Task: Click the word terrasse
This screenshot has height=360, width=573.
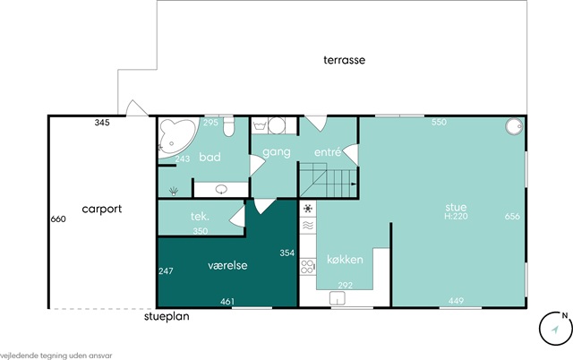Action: point(344,60)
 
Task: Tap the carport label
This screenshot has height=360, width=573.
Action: point(101,209)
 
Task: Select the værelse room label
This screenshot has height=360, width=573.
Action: point(227,265)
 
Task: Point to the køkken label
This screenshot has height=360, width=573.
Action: point(345,260)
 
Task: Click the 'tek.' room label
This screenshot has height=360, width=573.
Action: point(200,217)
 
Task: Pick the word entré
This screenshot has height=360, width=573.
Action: point(328,151)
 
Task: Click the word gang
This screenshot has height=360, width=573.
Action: point(277,152)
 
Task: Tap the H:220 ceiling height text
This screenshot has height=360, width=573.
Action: point(456,216)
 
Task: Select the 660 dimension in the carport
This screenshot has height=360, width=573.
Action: point(58,219)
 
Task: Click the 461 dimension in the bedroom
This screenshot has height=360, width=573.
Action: point(227,302)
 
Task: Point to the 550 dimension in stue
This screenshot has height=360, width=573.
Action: point(439,122)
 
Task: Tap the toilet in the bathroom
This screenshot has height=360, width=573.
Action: point(229,126)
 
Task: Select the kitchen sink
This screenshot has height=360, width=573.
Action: point(338,298)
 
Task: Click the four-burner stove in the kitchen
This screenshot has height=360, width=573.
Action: point(308,267)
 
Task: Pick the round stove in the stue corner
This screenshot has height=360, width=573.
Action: point(515,126)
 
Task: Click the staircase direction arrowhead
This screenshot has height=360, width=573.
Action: point(354,184)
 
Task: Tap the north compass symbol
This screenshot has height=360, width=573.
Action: point(556,329)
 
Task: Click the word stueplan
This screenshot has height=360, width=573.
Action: point(167,316)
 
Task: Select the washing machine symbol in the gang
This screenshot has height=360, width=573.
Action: point(277,125)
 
